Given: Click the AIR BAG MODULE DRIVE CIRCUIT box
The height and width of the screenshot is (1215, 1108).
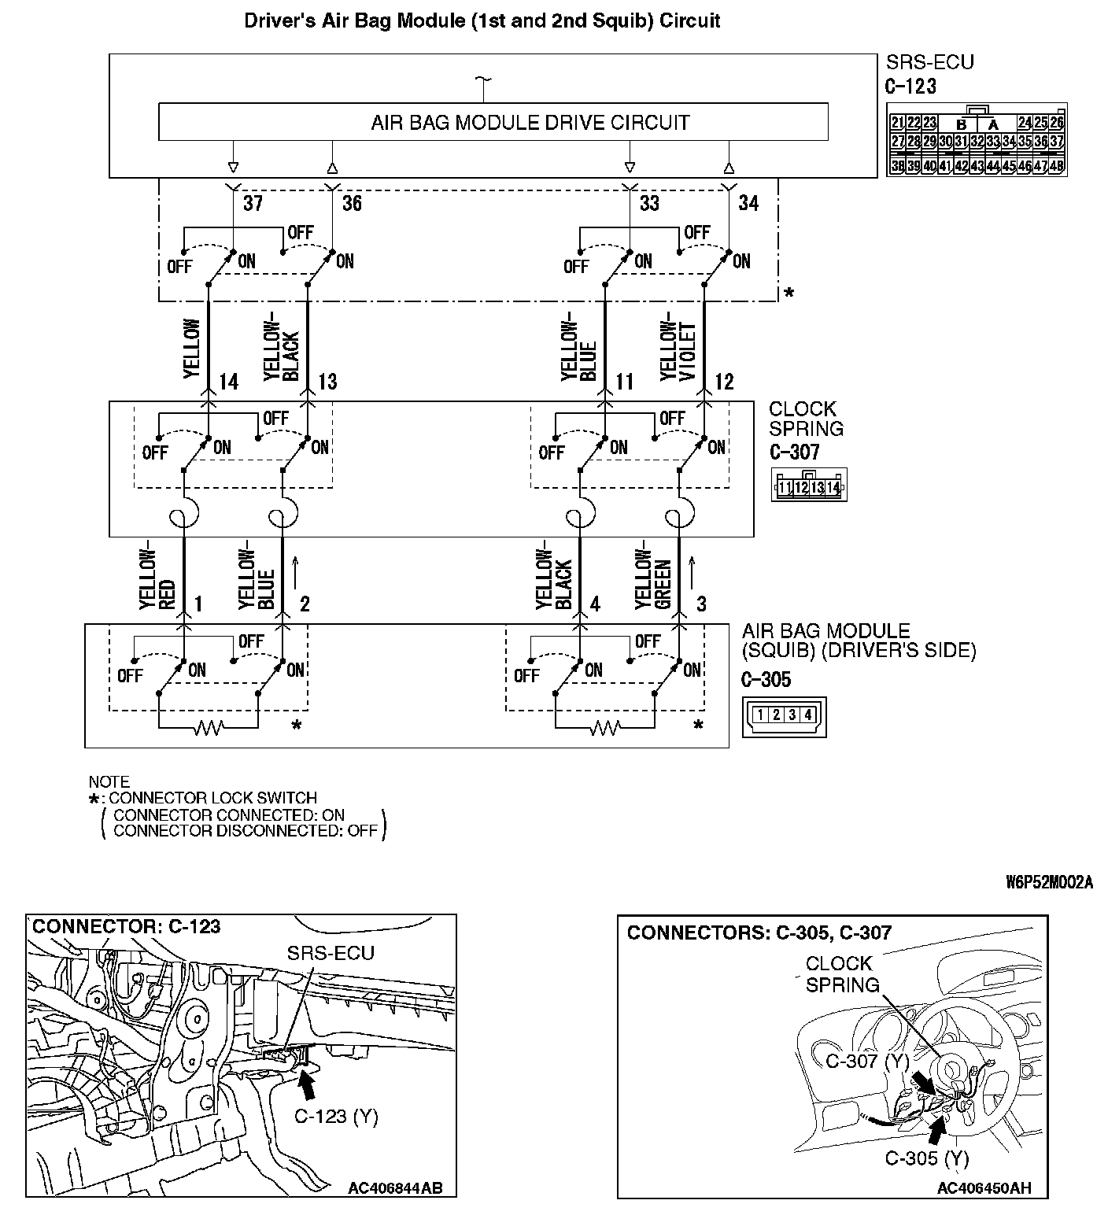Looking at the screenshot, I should coord(493,123).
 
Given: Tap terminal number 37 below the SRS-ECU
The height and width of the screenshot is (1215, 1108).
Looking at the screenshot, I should coord(253,203).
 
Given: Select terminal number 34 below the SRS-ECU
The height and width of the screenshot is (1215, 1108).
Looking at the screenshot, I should coord(748,203).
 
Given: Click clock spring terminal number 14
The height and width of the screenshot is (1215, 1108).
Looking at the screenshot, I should coord(228,382).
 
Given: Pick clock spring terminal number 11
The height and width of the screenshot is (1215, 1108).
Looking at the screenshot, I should coord(625,382).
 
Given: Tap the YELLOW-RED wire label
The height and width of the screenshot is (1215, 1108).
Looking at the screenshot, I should coord(157,578).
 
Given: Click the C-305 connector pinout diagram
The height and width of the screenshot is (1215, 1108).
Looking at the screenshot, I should coord(784,715).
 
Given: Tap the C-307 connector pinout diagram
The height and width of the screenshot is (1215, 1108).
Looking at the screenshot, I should coord(809,487).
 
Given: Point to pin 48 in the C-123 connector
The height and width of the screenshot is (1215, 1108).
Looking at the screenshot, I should coord(1056,166).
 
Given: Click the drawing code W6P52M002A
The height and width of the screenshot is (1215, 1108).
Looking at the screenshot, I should coord(1049,882).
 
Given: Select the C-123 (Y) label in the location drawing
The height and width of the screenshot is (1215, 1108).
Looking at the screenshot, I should coord(336,1116).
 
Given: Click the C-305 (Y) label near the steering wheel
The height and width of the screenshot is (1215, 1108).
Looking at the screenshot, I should coord(927,1158).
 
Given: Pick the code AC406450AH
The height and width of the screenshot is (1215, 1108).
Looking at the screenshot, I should coord(984,1188).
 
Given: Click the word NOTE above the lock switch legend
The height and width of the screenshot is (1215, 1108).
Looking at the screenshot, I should coord(109,781).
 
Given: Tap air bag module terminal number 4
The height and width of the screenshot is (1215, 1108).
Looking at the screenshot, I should coord(595,604).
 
